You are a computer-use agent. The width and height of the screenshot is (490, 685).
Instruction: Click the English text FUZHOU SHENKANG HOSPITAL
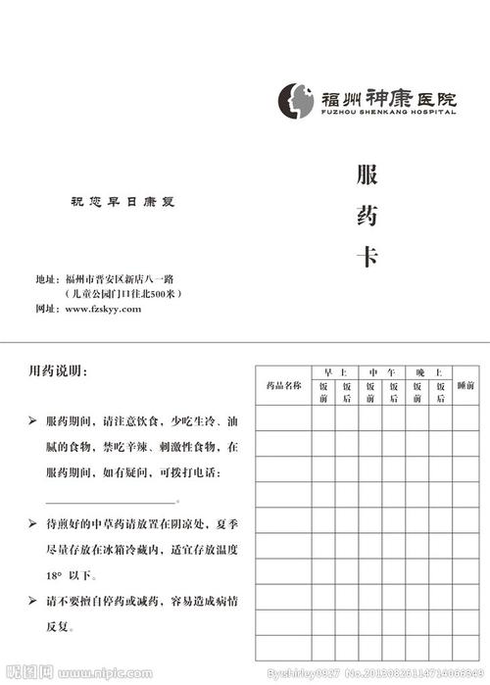tap(388, 113)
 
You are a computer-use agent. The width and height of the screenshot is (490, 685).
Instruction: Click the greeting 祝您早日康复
tap(126, 202)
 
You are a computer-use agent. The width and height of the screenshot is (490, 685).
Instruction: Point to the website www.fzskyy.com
tap(103, 309)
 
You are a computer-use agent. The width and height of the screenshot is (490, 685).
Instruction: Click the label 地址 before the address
tap(46, 279)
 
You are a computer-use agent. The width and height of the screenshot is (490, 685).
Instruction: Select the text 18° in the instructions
tap(57, 575)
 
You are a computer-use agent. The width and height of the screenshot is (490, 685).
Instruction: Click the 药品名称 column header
tap(283, 386)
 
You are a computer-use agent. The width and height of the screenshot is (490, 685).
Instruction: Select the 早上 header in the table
tap(335, 372)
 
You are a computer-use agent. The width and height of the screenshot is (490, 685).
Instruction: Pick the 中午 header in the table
tap(381, 372)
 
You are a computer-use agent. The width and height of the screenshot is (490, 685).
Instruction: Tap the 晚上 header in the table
tap(428, 372)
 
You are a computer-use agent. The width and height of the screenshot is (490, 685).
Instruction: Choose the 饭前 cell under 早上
tap(323, 393)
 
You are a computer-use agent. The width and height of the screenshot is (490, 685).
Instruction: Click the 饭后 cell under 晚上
tap(440, 393)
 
